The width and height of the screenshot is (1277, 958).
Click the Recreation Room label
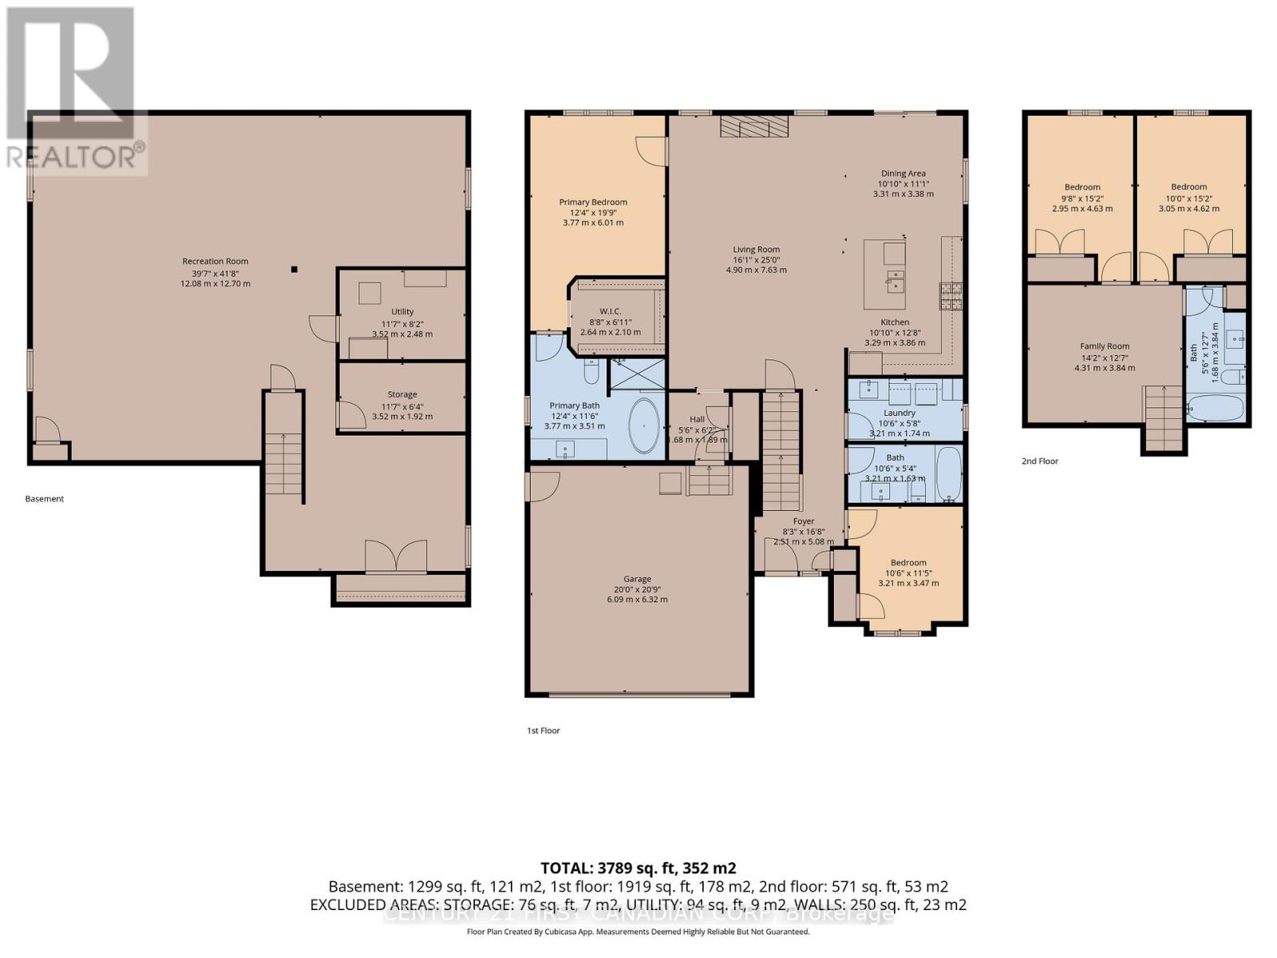(x=215, y=261)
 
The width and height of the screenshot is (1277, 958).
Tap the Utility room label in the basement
(x=402, y=312)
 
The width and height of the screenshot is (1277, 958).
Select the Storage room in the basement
(x=402, y=394)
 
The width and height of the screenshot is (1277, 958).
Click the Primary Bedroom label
(x=593, y=202)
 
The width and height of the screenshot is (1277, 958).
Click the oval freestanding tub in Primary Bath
(x=645, y=426)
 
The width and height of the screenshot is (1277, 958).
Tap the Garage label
(x=637, y=579)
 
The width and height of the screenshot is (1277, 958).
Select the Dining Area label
(x=903, y=173)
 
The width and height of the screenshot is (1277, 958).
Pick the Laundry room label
(x=899, y=413)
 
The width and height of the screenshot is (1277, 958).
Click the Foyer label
(x=804, y=521)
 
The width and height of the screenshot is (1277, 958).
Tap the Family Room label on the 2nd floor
(x=1105, y=346)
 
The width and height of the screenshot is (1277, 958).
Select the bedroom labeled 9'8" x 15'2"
(x=1081, y=188)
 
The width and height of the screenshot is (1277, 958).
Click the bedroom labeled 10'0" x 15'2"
(x=1189, y=187)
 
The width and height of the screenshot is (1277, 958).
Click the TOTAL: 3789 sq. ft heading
(x=638, y=868)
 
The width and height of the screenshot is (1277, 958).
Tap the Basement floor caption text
(x=45, y=499)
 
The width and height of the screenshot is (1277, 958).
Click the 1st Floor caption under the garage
(x=544, y=730)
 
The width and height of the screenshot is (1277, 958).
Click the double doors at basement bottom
(x=396, y=556)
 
